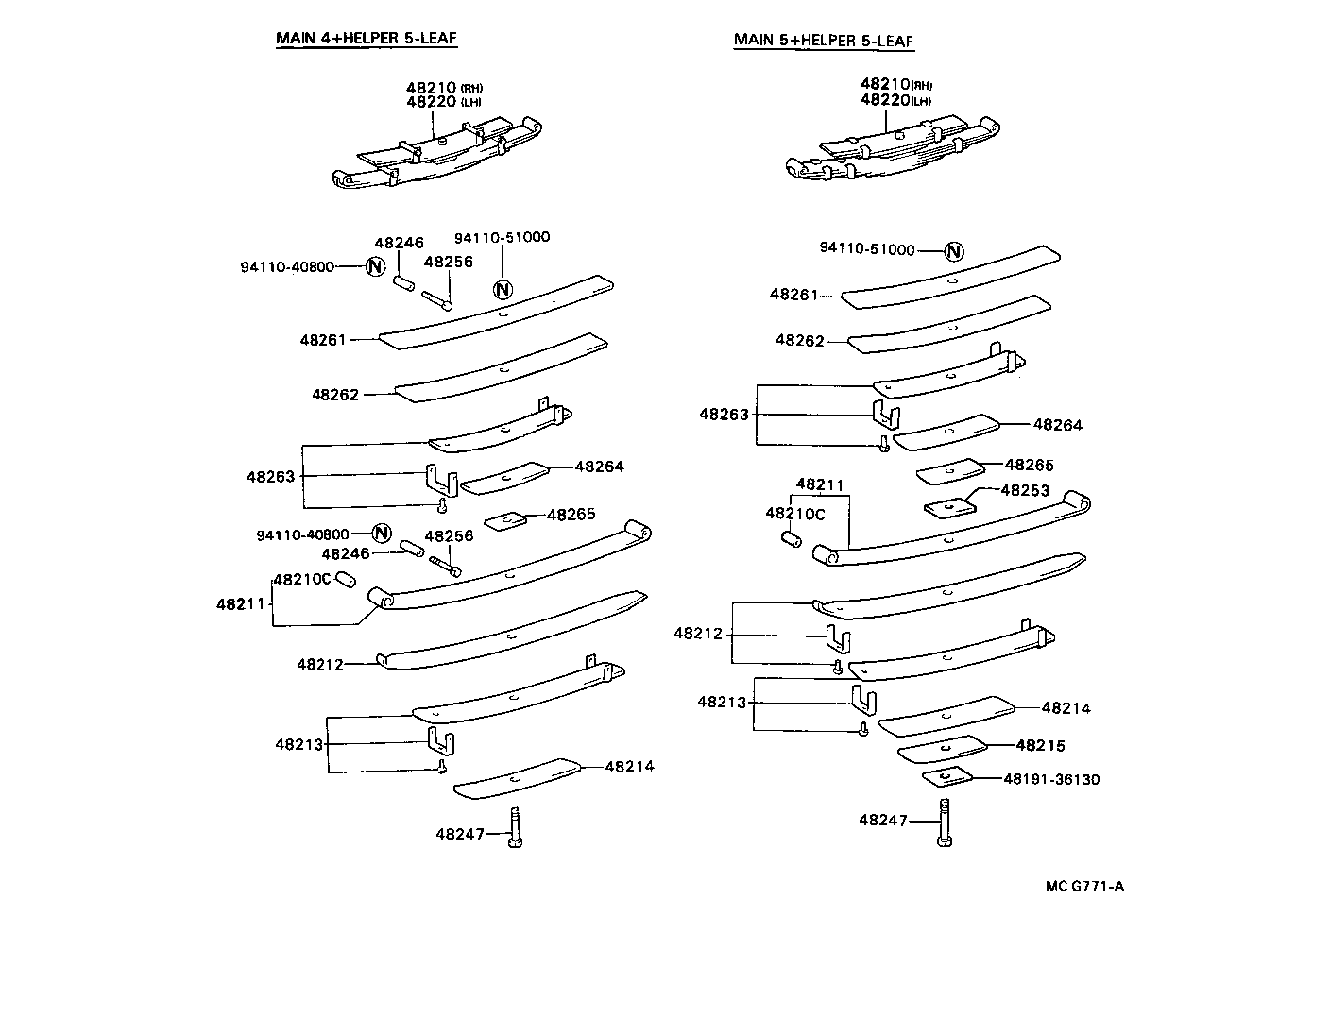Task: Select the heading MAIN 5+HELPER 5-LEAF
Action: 824,41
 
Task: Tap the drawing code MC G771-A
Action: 1084,886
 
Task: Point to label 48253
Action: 1025,490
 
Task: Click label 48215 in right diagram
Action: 1040,745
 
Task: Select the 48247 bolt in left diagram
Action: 515,827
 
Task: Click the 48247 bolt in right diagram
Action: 945,823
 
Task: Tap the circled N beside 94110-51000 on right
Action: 954,251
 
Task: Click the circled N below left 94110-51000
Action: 503,289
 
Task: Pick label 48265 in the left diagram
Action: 571,515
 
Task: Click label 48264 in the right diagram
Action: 1058,425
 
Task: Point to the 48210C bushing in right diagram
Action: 793,539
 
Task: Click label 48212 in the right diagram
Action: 698,634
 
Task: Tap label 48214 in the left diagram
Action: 629,766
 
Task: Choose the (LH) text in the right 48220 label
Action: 921,101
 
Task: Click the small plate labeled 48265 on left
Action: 504,519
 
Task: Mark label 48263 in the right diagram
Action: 724,414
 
